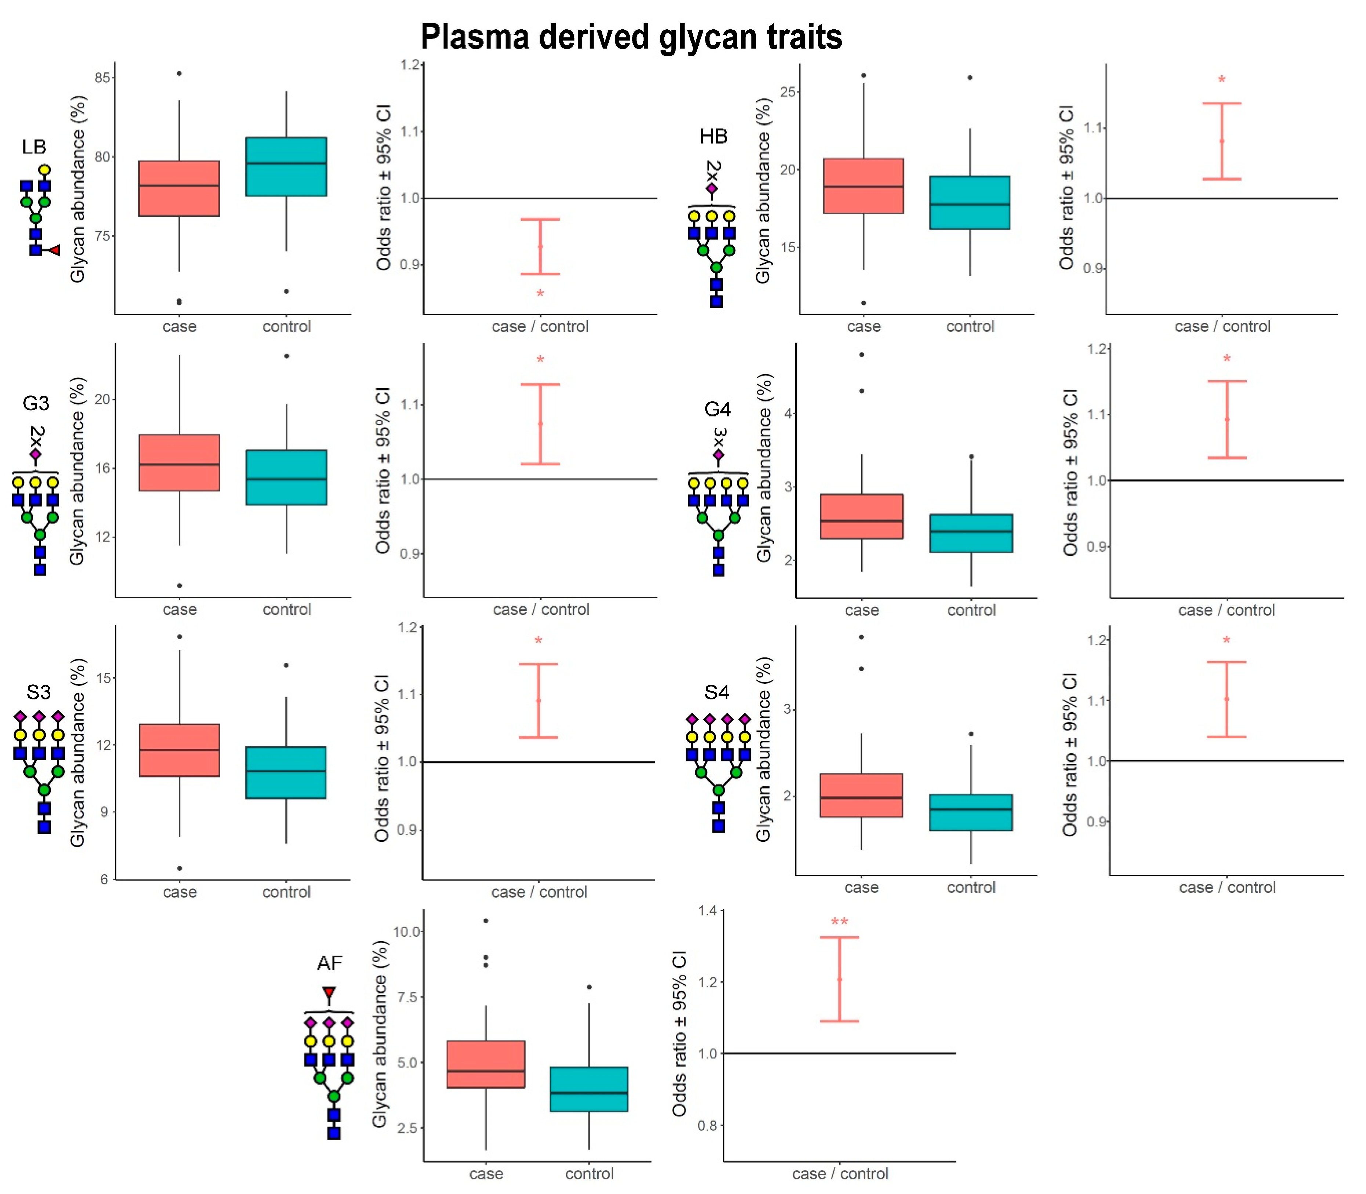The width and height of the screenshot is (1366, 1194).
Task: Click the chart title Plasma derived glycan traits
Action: [631, 37]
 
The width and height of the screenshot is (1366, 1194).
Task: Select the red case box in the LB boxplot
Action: [179, 188]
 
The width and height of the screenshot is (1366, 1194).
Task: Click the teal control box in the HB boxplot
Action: [970, 203]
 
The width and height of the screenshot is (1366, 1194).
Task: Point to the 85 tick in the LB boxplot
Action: [102, 78]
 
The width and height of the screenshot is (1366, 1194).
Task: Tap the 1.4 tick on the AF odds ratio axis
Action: [709, 911]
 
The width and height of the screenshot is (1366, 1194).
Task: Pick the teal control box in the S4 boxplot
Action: [971, 812]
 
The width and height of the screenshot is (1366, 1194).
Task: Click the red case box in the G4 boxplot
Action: [862, 516]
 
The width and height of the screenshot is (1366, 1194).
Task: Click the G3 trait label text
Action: [36, 403]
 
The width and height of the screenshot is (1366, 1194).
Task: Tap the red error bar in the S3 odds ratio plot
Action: [538, 700]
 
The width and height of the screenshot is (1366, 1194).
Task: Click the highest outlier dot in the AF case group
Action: [486, 921]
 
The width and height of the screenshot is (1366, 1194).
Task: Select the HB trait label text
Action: [713, 137]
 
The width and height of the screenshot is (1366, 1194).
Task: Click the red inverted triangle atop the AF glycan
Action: [329, 993]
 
